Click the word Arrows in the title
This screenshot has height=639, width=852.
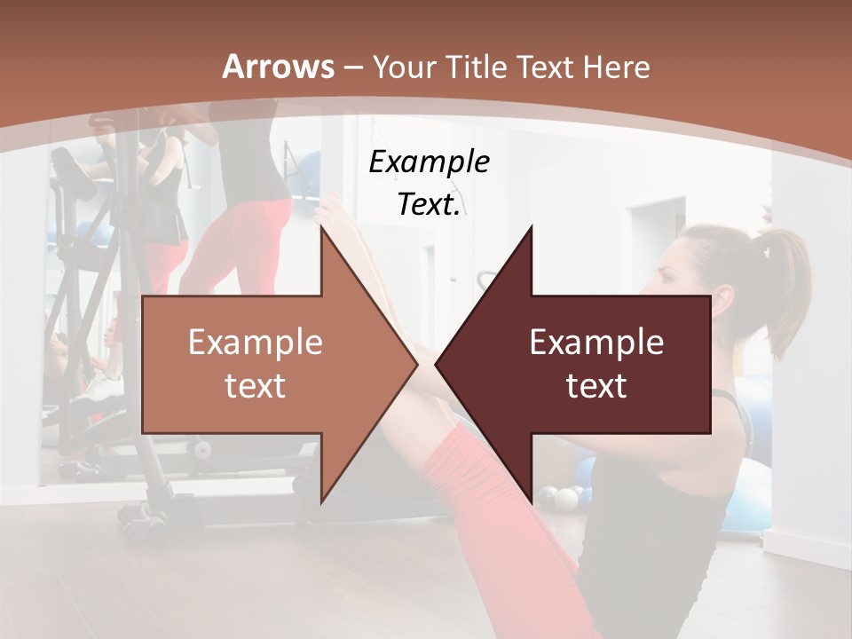click(x=279, y=67)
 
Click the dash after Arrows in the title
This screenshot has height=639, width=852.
click(x=352, y=67)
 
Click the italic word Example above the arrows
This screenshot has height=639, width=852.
click(x=429, y=162)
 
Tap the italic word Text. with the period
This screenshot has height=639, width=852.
click(x=429, y=204)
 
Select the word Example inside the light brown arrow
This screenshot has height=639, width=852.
click(x=256, y=342)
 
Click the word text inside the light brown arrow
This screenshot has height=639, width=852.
click(x=256, y=386)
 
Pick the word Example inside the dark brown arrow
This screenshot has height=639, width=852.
click(x=596, y=342)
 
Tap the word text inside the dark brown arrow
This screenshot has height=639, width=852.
click(x=596, y=386)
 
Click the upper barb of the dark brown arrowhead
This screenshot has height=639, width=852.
click(x=530, y=233)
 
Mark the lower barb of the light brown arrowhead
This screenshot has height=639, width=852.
click(x=322, y=497)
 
